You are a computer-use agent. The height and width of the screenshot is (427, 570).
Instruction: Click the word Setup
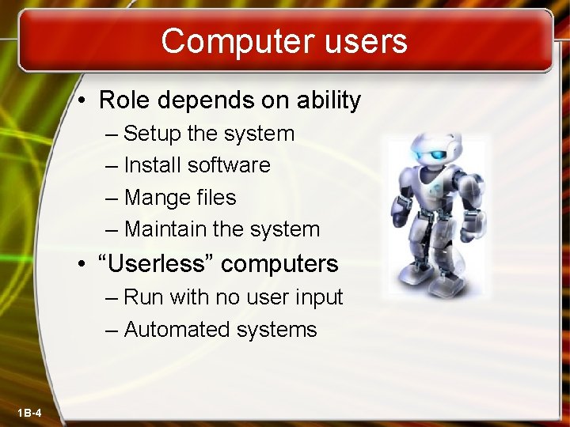click(154, 134)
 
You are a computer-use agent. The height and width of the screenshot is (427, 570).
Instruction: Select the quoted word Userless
click(161, 263)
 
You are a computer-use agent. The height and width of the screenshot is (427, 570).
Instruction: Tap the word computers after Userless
click(279, 264)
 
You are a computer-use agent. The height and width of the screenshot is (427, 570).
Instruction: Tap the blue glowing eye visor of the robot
click(426, 152)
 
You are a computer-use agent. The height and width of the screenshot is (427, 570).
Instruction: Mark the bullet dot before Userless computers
click(83, 264)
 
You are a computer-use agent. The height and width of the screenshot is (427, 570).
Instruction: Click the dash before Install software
click(110, 166)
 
